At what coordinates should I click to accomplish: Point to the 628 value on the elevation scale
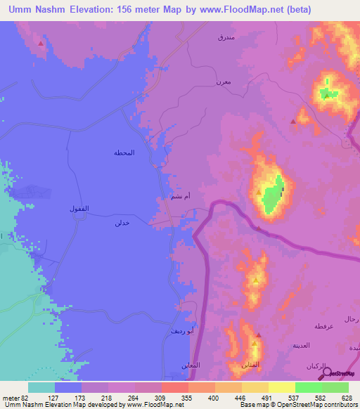point(348,398)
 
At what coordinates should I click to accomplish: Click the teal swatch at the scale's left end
point(41,387)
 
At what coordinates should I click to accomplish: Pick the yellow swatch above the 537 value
point(281,387)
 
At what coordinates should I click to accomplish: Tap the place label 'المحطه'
point(124,152)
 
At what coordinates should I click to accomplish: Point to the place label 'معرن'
point(224,83)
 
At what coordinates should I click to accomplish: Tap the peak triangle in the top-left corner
point(41,44)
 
